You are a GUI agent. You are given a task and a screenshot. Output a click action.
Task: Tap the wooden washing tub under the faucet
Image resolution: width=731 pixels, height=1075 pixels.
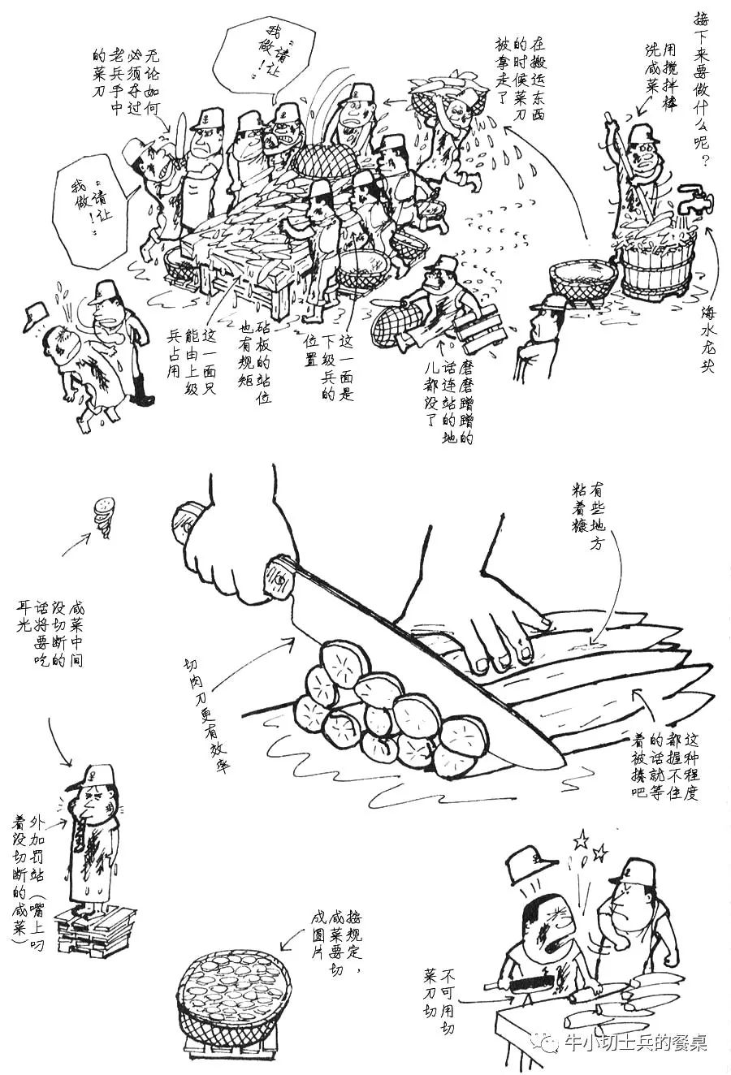pyautogui.click(x=657, y=264)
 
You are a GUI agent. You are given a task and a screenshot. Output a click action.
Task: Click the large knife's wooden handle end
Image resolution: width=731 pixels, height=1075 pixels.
pyautogui.click(x=188, y=520)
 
